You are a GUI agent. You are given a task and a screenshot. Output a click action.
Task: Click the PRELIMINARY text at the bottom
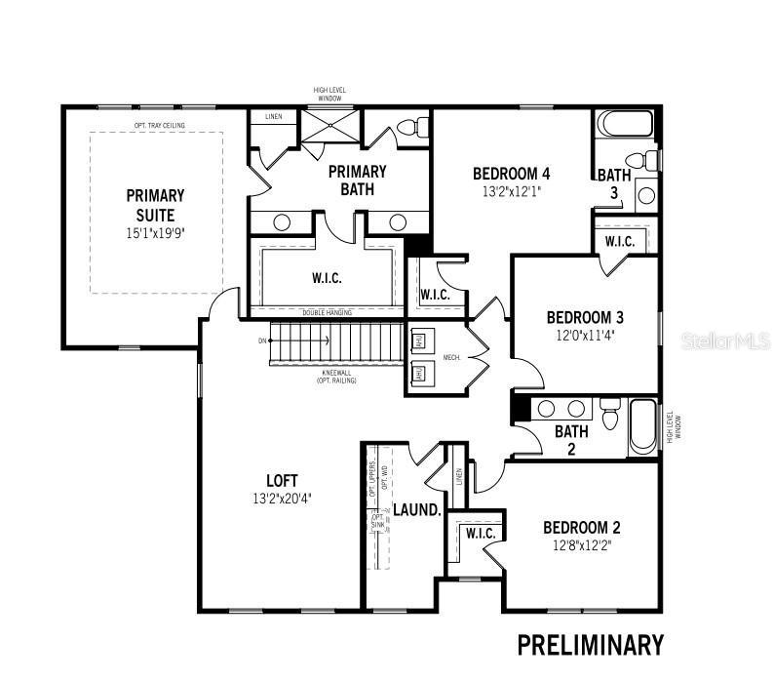pyautogui.click(x=590, y=645)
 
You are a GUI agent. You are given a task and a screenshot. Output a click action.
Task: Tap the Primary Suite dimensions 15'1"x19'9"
pyautogui.click(x=155, y=234)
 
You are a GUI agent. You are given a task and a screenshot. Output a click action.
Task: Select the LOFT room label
pyautogui.click(x=282, y=480)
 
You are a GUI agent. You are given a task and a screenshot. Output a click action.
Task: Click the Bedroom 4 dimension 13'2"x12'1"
pyautogui.click(x=512, y=192)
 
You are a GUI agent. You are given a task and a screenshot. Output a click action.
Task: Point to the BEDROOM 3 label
pyautogui.click(x=585, y=317)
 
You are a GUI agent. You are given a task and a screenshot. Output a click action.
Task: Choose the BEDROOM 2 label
pyautogui.click(x=582, y=528)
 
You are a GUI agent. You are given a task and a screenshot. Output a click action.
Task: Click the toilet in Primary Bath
pyautogui.click(x=413, y=128)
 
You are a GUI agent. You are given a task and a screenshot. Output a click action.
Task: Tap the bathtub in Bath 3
pyautogui.click(x=624, y=125)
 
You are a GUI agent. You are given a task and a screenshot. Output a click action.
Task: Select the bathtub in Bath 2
pyautogui.click(x=642, y=426)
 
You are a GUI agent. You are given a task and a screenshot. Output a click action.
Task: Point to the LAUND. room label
pyautogui.click(x=417, y=510)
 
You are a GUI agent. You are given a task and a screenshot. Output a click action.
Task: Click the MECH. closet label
pyautogui.click(x=451, y=358)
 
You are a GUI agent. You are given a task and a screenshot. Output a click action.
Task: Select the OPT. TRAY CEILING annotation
pyautogui.click(x=160, y=125)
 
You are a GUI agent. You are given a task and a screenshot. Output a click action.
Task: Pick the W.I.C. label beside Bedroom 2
pyautogui.click(x=481, y=534)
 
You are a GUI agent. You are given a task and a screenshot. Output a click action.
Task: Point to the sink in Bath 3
pyautogui.click(x=646, y=195)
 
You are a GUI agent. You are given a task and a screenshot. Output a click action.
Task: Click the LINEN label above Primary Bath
pyautogui.click(x=274, y=117)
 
